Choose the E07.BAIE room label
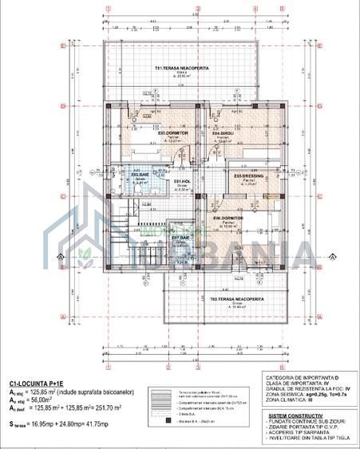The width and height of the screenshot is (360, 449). click(x=180, y=238)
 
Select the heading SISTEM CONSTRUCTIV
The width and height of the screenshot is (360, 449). click(x=296, y=416)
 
